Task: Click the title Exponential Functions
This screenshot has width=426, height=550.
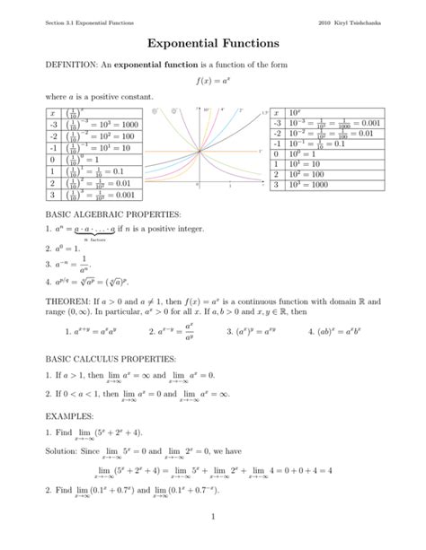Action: [x=213, y=43]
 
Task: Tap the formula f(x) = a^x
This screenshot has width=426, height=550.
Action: [x=212, y=81]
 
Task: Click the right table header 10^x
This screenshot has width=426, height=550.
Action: [x=296, y=112]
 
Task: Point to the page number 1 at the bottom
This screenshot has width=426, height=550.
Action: [x=212, y=518]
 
